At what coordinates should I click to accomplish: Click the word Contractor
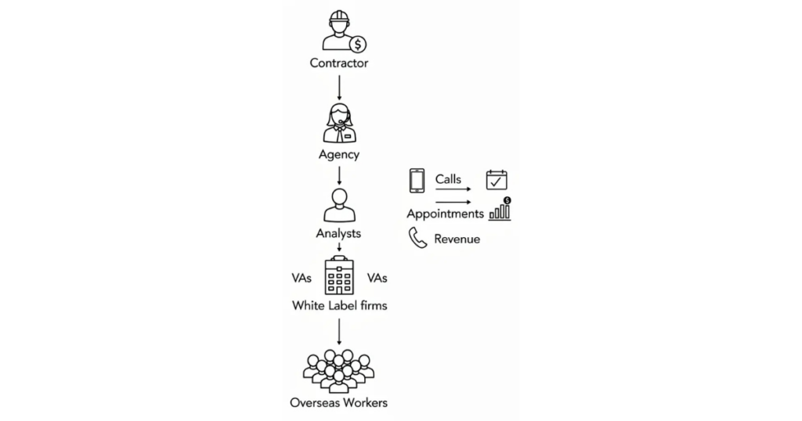point(338,63)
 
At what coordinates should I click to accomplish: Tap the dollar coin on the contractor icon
point(358,45)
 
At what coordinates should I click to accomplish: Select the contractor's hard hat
point(339,17)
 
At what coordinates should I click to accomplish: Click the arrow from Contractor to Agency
point(339,88)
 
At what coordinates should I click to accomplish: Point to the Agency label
point(339,154)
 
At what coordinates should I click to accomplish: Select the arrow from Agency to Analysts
point(339,175)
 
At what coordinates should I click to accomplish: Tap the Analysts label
point(338,233)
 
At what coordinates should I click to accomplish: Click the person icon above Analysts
point(339,205)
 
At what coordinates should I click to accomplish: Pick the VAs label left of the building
point(302,278)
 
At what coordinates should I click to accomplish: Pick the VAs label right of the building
point(377,278)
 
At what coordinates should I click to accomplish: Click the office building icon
point(339,275)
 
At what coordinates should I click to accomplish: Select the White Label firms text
point(340,305)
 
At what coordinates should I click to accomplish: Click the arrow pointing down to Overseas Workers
point(339,332)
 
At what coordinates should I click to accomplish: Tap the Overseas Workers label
point(338,402)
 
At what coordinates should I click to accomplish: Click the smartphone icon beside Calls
point(417,181)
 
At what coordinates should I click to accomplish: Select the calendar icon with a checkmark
point(497,180)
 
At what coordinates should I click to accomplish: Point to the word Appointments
point(445,214)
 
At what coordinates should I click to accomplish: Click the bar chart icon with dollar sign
point(500,209)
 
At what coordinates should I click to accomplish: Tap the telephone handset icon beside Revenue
point(417,238)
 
